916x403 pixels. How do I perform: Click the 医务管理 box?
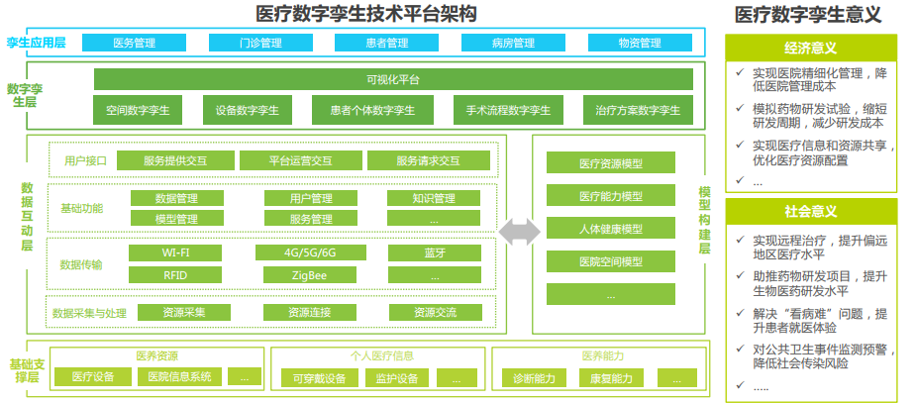134,44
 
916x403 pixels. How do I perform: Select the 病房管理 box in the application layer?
512,44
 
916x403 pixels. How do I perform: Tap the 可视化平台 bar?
392,79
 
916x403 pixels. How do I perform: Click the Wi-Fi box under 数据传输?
176,252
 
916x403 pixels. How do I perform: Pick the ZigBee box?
309,274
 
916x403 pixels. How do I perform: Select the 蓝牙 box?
434,252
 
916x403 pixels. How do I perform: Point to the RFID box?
176,274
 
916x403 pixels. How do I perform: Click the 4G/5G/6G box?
309,252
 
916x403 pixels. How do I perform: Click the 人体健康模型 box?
610,229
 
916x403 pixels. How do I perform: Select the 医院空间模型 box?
610,261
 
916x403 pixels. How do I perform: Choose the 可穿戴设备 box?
312,377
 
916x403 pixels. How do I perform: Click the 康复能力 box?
611,377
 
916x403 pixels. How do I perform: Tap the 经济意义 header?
811,48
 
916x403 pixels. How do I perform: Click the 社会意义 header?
811,212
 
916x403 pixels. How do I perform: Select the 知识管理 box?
434,198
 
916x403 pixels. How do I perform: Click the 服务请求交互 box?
428,160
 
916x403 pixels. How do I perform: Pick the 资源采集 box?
184,312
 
